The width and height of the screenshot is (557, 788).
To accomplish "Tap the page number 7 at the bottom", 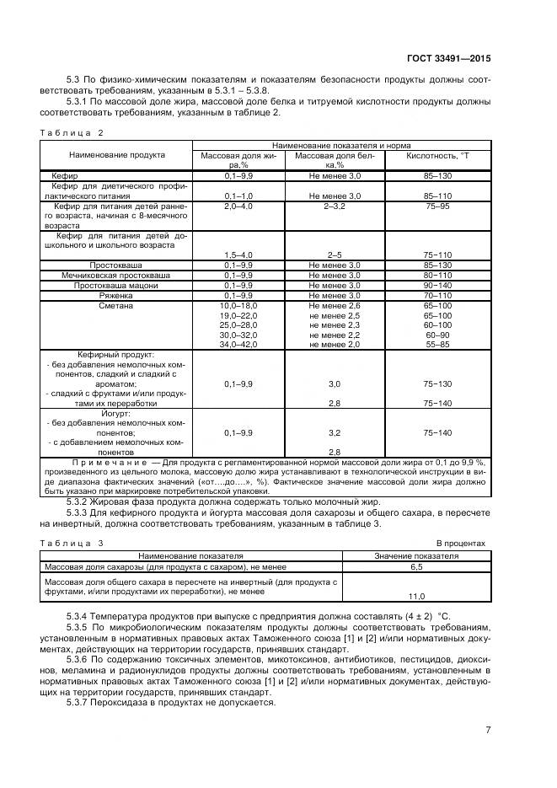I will (488, 729).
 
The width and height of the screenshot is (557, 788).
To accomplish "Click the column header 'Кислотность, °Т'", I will (438, 156).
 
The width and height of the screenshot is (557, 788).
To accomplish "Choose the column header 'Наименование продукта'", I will (117, 155).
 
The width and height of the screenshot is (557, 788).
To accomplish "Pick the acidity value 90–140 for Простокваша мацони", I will (438, 285).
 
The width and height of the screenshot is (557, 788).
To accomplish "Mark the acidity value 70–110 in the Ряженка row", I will (438, 295).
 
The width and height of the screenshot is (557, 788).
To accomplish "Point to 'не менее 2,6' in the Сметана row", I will (335, 305).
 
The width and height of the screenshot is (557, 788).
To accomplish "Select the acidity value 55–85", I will (438, 345).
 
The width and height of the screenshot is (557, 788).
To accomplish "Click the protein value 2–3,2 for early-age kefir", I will (335, 206).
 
